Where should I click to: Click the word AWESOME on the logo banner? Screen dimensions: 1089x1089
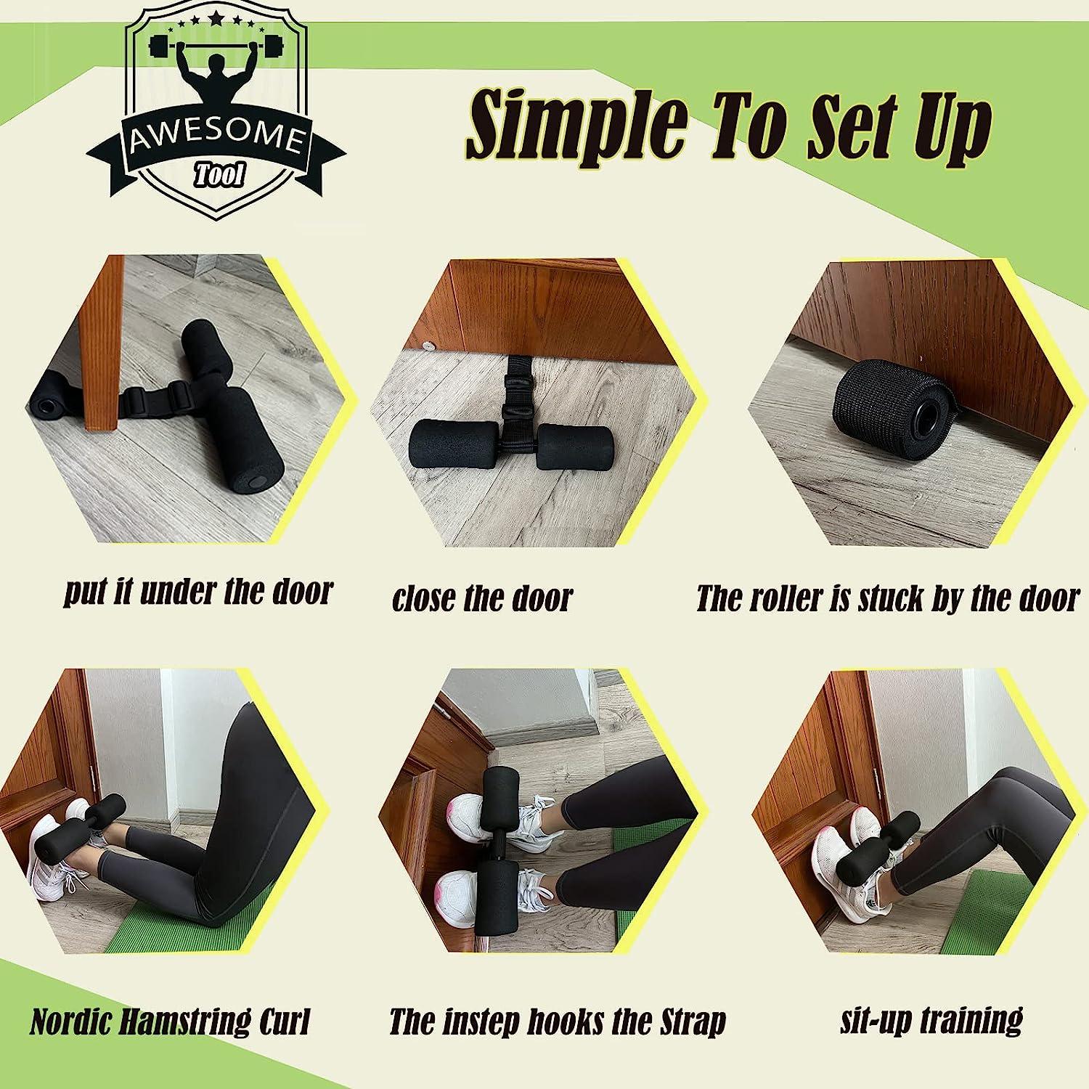point(216,139)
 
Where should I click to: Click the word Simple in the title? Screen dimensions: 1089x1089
point(576,123)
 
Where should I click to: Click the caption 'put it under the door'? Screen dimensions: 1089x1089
point(198,592)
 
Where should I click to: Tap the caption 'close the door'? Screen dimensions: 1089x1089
point(482,598)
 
